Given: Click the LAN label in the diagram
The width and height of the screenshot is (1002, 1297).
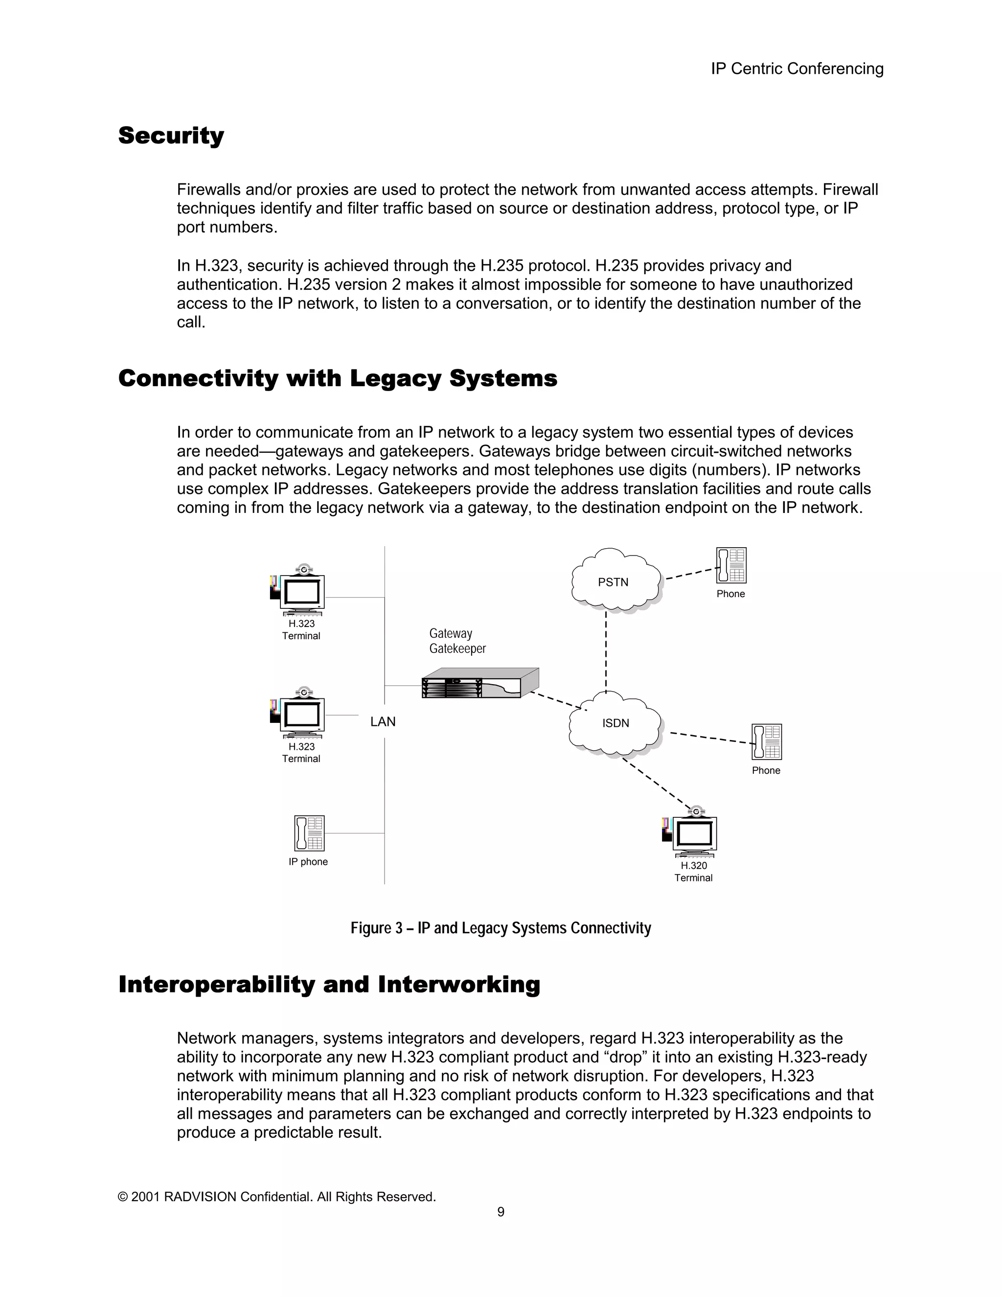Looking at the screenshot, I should coord(383,721).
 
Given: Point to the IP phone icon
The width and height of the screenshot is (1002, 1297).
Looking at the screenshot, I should coord(309,833).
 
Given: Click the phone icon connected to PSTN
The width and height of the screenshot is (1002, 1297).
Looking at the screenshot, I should coord(731,565).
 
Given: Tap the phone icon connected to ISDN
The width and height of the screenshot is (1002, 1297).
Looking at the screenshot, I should coord(766,741).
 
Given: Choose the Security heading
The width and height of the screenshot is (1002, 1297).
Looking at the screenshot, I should coord(171,136).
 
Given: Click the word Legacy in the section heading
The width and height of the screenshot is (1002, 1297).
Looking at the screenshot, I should coord(395,378).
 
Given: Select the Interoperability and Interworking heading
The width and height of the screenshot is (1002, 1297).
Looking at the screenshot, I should coord(329,984).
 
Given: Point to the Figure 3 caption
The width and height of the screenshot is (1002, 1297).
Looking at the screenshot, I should coord(501,927).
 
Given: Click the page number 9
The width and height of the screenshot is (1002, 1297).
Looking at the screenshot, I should coord(501,1212).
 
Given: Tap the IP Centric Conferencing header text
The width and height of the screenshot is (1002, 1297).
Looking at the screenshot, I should coord(797,69).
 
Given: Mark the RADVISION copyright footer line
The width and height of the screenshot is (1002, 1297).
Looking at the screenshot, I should coord(276,1197).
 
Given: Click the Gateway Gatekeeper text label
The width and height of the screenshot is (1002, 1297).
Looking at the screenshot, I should coord(457,641).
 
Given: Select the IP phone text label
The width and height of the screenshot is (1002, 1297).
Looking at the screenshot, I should coord(308,862).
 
